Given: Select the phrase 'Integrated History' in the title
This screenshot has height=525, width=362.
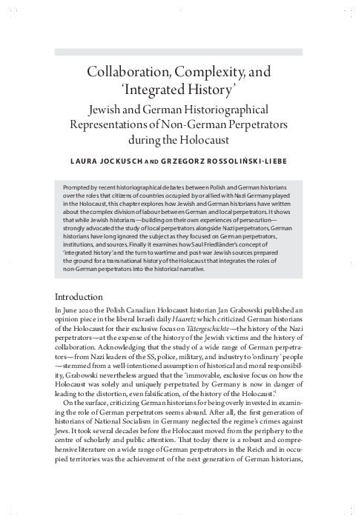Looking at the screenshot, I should point(180,93).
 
